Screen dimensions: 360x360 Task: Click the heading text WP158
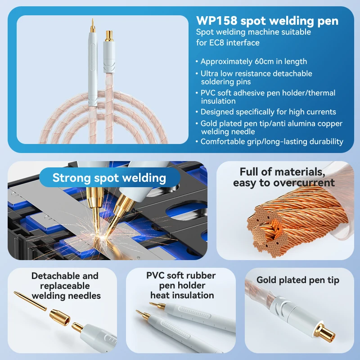216,21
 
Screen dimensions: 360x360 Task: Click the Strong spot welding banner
109,177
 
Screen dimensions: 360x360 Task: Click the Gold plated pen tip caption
298,280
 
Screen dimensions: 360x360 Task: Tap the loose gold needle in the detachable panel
30,301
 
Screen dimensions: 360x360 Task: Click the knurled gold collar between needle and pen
60,317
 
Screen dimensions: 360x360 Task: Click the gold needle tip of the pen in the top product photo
93,26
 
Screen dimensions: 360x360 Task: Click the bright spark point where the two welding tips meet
101,237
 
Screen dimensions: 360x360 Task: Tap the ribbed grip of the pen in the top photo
93,57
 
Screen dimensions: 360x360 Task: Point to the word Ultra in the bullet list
209,73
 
